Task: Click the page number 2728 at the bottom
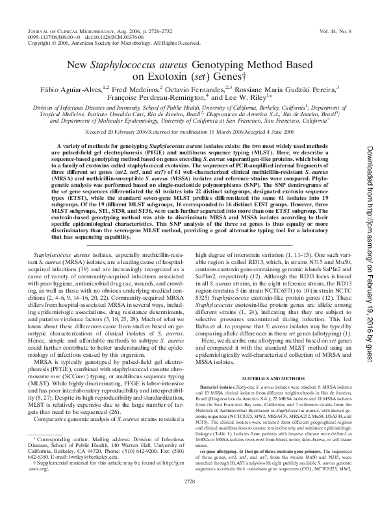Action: (189, 499)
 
